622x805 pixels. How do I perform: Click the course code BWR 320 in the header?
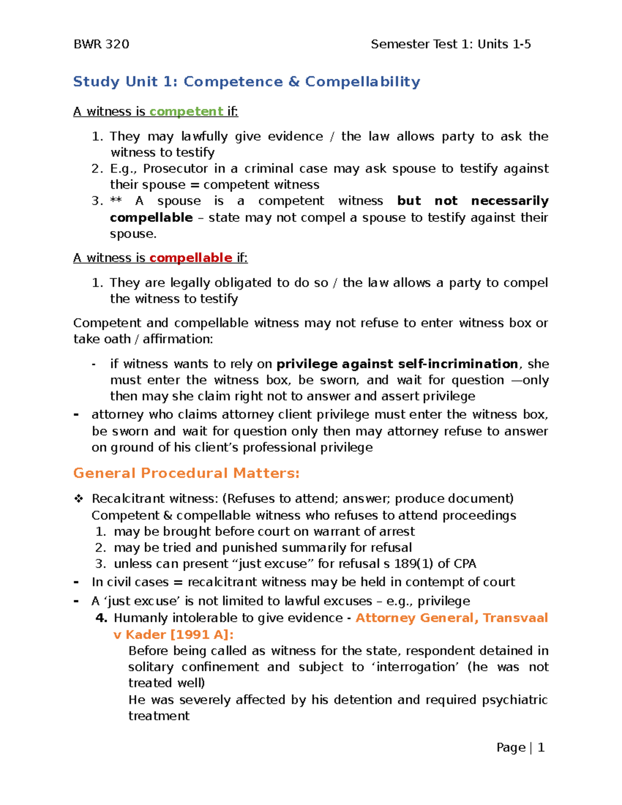tap(101, 45)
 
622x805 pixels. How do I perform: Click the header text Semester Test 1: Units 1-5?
tap(450, 45)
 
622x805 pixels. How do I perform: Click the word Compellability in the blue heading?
tap(362, 82)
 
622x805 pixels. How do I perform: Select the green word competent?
tap(186, 111)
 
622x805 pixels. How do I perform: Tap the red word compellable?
tap(190, 258)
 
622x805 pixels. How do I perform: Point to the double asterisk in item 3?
tap(116, 201)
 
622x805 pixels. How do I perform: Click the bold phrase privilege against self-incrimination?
tap(397, 364)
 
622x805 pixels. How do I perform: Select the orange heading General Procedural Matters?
tap(186, 473)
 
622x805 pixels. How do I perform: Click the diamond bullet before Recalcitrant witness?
tap(78, 499)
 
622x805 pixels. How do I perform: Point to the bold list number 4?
tap(102, 618)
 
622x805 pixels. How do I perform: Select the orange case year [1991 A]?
tap(202, 634)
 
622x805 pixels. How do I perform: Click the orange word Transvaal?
tap(515, 618)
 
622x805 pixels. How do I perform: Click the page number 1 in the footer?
tap(541, 747)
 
